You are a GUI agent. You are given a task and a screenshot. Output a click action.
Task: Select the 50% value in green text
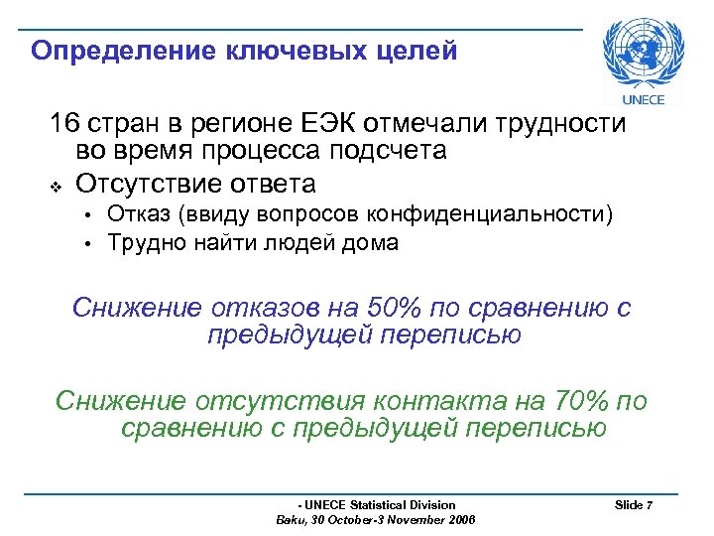pos(395,308)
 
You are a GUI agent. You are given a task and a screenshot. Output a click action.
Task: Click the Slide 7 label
pos(634,505)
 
